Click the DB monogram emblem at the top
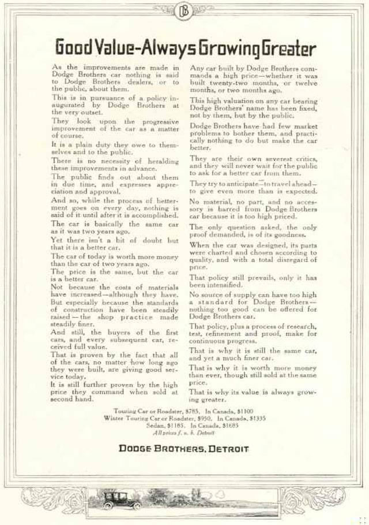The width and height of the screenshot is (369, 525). point(184,10)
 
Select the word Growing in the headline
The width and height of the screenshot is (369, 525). point(226,47)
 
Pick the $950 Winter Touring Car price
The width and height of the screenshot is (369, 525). point(204,418)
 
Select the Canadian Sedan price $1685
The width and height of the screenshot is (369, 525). point(230,425)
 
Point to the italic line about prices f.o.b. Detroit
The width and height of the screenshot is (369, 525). point(184,432)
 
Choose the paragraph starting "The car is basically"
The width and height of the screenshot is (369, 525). point(115,228)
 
